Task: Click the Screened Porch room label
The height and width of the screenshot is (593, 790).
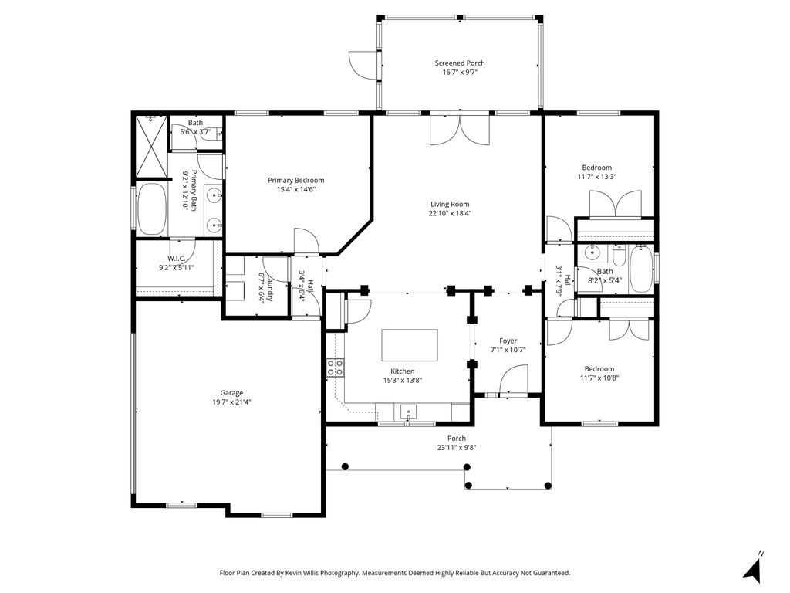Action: pos(460,63)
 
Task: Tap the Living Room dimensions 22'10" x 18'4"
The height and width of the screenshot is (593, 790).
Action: pos(450,213)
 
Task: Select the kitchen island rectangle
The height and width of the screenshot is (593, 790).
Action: pos(410,345)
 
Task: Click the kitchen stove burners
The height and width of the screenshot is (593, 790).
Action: pos(335,367)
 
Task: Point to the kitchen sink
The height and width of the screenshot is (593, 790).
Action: pos(409,412)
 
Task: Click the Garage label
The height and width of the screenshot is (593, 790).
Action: pos(231,393)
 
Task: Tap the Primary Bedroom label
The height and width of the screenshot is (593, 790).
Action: pos(295,180)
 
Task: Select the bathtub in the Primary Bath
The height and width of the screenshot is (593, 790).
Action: pos(152,208)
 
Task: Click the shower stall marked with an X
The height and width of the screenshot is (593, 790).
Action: pos(151,145)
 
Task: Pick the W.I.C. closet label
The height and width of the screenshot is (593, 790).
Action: pos(177,259)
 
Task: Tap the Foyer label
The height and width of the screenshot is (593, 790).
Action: pos(508,341)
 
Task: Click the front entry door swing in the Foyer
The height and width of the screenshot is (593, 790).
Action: pos(513,379)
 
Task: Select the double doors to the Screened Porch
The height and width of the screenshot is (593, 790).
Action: pos(460,130)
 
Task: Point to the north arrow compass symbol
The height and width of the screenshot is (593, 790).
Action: pos(753,568)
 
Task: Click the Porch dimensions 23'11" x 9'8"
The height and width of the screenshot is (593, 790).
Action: pos(457,447)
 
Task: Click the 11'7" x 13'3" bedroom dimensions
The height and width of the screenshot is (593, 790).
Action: pos(597,177)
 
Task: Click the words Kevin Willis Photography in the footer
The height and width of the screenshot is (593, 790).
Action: pos(322,573)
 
